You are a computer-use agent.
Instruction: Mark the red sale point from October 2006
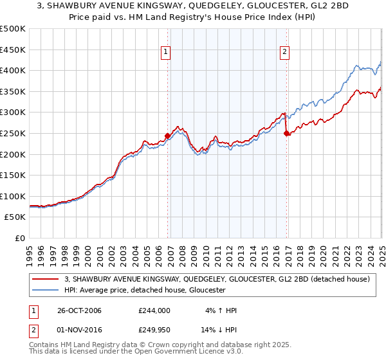[168, 136]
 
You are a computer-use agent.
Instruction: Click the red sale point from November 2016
[286, 133]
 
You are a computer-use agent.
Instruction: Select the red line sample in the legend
[46, 279]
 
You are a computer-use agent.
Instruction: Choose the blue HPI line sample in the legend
[46, 290]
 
